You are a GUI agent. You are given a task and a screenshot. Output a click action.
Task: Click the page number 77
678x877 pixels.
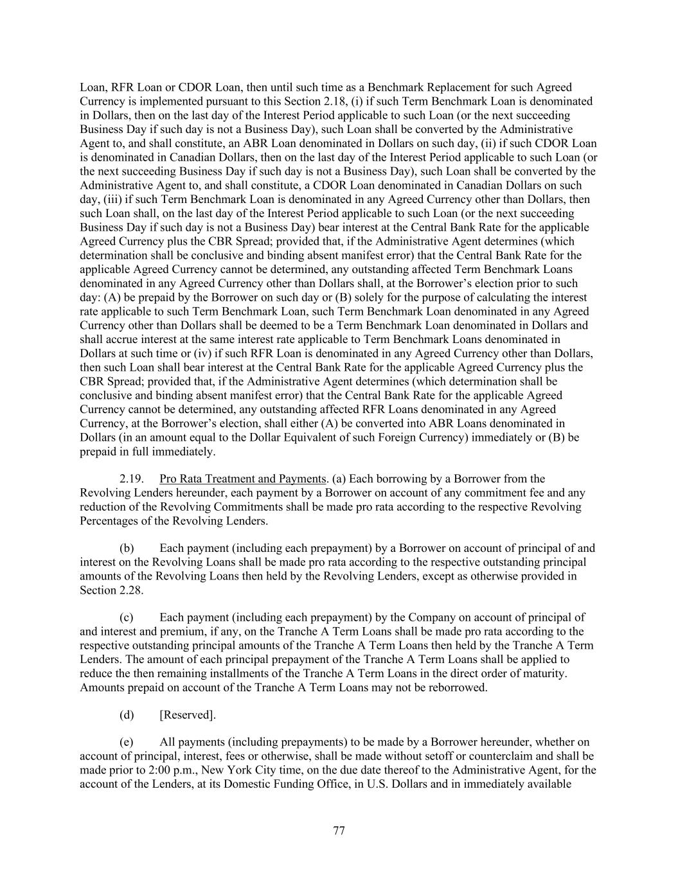(x=339, y=831)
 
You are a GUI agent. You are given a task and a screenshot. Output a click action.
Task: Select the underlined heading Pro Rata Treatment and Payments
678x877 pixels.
(x=243, y=479)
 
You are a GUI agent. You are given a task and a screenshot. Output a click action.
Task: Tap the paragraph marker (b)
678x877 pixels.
(x=127, y=548)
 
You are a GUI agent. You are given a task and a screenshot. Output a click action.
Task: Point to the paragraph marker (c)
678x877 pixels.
(x=127, y=617)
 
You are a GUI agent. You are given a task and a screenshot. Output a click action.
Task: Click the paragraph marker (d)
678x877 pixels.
(x=127, y=714)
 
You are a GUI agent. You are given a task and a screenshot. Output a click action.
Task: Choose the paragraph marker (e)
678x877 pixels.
(x=127, y=742)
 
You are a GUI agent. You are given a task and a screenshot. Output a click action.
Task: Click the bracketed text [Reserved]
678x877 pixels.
(x=188, y=714)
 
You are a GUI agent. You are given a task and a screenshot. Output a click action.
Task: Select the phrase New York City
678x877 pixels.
(x=216, y=770)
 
